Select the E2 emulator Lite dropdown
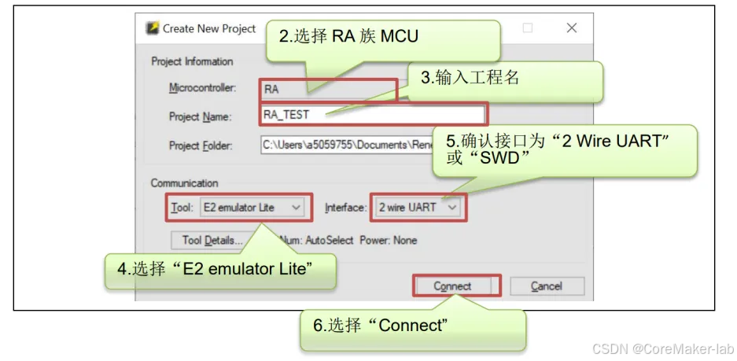click(251, 208)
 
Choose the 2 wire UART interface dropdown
click(417, 208)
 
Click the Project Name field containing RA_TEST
click(373, 115)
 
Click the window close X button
click(572, 28)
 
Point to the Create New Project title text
click(209, 28)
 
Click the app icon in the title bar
click(153, 28)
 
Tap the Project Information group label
click(192, 61)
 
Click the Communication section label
click(184, 183)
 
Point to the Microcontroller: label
click(202, 88)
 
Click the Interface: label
click(345, 208)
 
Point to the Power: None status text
click(389, 240)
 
